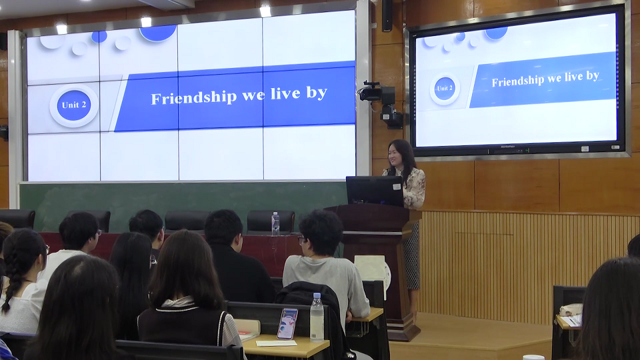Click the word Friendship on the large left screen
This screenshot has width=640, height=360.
click(194, 97)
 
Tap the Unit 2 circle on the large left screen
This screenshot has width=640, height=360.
click(74, 105)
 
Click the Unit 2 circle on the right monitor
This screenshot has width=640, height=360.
click(445, 89)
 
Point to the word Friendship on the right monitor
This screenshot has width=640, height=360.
click(518, 81)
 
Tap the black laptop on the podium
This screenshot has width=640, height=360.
click(375, 191)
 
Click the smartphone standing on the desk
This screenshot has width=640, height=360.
click(287, 324)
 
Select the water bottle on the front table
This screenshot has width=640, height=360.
click(275, 224)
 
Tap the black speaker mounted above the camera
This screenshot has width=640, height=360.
click(387, 16)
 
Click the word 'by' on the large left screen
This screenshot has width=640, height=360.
click(317, 93)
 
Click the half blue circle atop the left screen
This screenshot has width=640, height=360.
click(157, 33)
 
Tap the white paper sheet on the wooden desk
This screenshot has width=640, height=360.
click(276, 343)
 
